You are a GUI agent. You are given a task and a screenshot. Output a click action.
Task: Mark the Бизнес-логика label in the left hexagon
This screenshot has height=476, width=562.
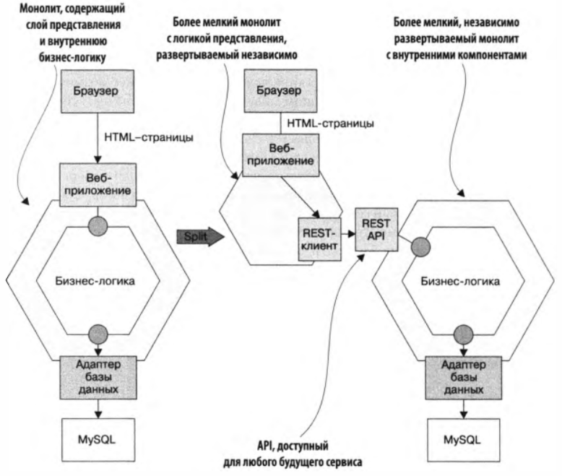point(97,280)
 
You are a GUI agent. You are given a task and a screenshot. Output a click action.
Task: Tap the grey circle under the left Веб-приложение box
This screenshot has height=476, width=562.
point(97,223)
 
